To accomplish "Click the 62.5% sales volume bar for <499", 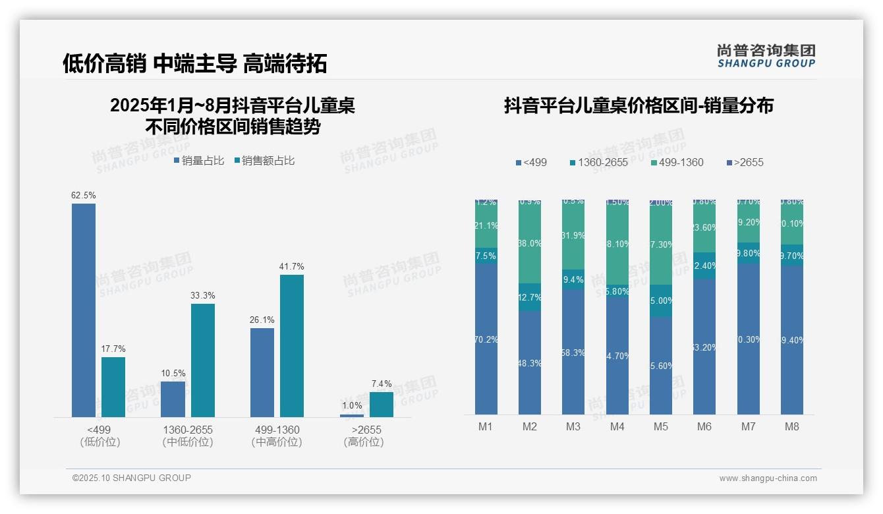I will pyautogui.click(x=84, y=310).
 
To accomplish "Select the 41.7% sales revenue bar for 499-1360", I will pyautogui.click(x=292, y=345).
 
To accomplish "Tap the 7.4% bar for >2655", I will pyautogui.click(x=381, y=404).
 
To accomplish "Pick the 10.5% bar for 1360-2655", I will pyautogui.click(x=173, y=399).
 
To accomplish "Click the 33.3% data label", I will pyautogui.click(x=203, y=296).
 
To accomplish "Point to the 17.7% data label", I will pyautogui.click(x=113, y=349).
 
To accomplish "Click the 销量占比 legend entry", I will pyautogui.click(x=199, y=161).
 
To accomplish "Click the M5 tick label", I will pyautogui.click(x=661, y=427).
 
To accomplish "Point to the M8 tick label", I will pyautogui.click(x=792, y=427).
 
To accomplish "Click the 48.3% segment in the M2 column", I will pyautogui.click(x=530, y=362).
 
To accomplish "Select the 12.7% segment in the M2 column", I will pyautogui.click(x=530, y=297).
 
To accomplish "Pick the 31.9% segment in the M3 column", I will pyautogui.click(x=573, y=235).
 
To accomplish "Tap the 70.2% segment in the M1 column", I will pyautogui.click(x=486, y=339).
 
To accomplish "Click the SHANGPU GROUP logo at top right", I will pyautogui.click(x=766, y=56).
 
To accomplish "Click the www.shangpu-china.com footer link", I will pyautogui.click(x=768, y=478).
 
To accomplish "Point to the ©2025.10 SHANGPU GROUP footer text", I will pyautogui.click(x=132, y=478).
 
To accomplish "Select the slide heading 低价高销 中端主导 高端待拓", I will pyautogui.click(x=195, y=64).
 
